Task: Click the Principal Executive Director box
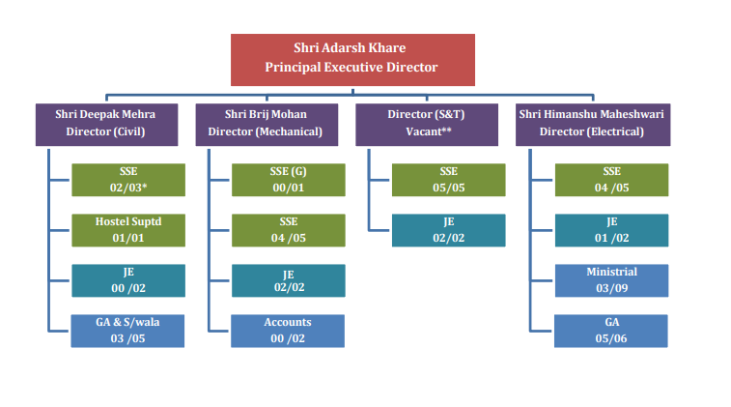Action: tap(352, 60)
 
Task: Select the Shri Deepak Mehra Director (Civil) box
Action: tap(107, 125)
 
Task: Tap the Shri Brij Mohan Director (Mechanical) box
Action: tap(267, 125)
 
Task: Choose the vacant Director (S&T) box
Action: tap(427, 125)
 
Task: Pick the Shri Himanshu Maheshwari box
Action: tap(593, 125)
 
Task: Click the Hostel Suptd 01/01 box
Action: tap(128, 230)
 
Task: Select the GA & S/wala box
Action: tap(127, 331)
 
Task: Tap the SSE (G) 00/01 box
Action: tap(289, 180)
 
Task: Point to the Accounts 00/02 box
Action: tap(288, 331)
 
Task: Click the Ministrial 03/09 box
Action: tap(611, 280)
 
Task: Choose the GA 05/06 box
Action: tap(610, 331)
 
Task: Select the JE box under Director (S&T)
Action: tap(448, 230)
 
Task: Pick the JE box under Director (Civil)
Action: tap(128, 280)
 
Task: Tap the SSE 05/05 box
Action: tap(448, 180)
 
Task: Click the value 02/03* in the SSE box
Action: tap(128, 188)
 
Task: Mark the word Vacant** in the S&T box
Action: tap(429, 131)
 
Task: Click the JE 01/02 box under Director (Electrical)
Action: tap(611, 230)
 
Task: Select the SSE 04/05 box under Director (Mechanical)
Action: tap(289, 230)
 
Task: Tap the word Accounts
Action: tap(288, 322)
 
